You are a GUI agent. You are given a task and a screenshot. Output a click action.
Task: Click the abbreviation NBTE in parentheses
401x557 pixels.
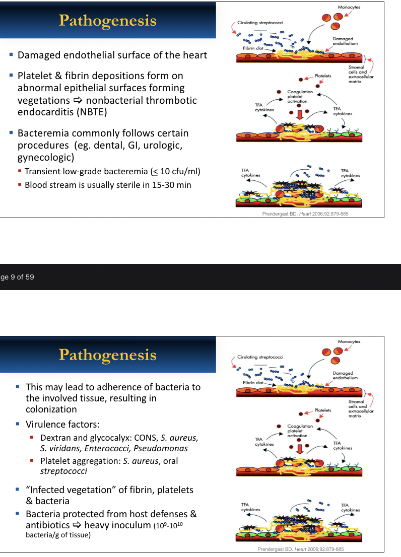[x=93, y=112]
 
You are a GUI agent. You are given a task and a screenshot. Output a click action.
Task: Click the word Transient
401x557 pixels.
[x=43, y=172]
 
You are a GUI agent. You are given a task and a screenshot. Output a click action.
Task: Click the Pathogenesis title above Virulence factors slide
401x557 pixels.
[x=107, y=355]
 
